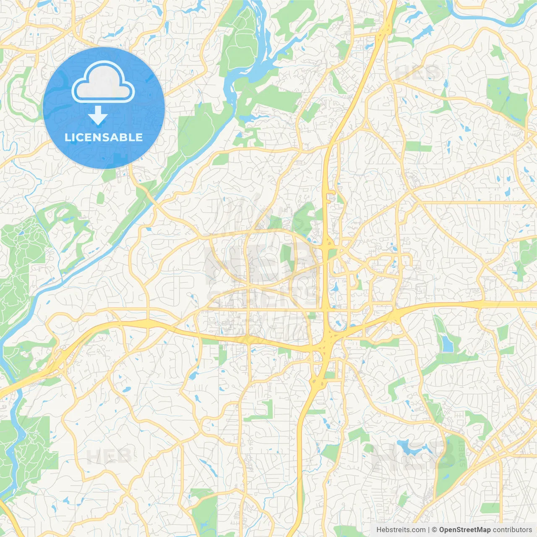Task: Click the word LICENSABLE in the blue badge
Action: (x=104, y=137)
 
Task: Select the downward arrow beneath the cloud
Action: (x=98, y=116)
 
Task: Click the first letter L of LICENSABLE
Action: (x=68, y=137)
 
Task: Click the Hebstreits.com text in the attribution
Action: (x=401, y=530)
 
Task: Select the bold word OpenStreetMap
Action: (x=464, y=530)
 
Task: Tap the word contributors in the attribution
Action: (x=512, y=530)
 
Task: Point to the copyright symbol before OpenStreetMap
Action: (x=434, y=530)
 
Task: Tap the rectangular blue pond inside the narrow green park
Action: (x=448, y=344)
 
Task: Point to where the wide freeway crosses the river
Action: (x=17, y=386)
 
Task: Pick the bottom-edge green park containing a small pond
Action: (x=204, y=512)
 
